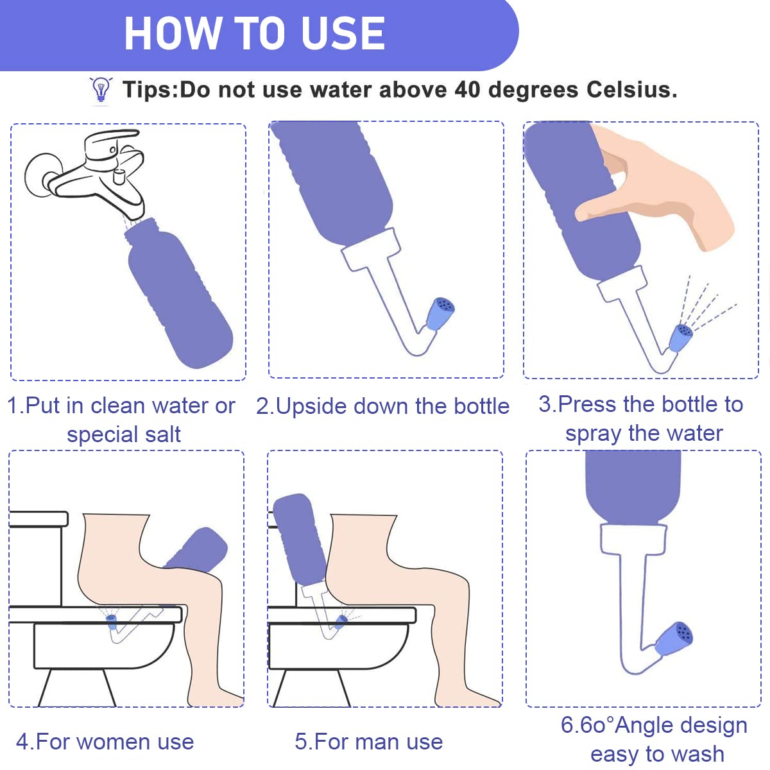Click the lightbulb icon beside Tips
click(x=101, y=89)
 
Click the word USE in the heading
click(x=343, y=33)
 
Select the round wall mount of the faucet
click(x=40, y=173)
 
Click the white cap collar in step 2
click(x=372, y=250)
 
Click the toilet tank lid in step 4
click(x=38, y=518)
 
